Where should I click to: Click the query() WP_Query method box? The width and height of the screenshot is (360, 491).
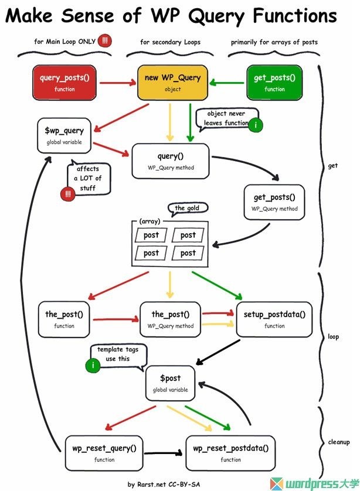click(170, 161)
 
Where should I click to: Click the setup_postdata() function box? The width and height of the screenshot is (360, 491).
click(274, 319)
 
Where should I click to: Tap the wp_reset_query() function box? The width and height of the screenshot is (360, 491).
click(104, 453)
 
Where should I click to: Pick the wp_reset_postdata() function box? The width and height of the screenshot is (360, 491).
click(230, 453)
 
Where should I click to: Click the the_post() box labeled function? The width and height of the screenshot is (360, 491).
click(64, 319)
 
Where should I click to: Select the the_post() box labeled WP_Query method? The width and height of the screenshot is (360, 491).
click(170, 319)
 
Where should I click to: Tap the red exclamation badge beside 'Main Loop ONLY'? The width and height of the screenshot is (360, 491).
click(106, 41)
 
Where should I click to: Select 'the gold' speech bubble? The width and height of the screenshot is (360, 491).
click(187, 209)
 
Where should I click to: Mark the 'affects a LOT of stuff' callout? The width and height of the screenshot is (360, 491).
click(87, 178)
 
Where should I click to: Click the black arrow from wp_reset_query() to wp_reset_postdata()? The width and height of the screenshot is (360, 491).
click(164, 453)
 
